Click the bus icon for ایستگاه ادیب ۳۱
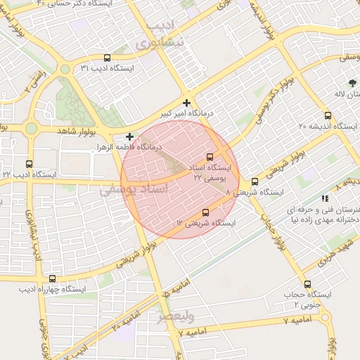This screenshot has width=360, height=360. pos(107,58)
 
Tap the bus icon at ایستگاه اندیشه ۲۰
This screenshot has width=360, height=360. pos(328,116)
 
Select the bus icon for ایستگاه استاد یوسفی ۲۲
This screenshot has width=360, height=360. pos(210,157)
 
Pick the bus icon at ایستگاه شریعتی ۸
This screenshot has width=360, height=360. pos(255,181)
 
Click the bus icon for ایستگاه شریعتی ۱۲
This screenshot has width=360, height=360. pos(205,212)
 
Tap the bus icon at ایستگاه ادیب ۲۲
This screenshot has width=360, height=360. pos(29,164)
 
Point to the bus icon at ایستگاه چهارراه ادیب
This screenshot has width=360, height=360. pos(52,278)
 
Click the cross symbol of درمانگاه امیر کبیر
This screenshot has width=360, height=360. pos(186,103)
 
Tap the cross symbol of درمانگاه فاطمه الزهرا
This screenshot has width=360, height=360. pos(129,136)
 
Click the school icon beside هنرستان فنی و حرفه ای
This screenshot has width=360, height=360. pos(324,200)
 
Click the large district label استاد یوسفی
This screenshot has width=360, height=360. pos(134,190)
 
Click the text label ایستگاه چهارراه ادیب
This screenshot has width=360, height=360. pos(52,289)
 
